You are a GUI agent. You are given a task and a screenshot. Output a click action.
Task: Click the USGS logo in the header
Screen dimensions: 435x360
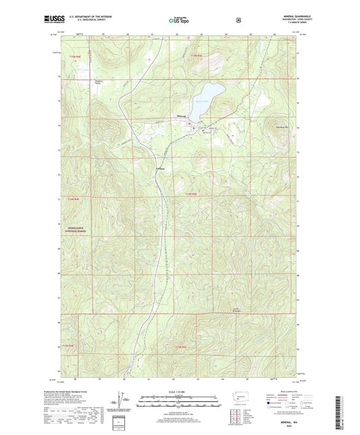tap(55, 20)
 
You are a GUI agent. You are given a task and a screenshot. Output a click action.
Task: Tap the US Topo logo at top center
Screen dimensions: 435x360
tap(179, 20)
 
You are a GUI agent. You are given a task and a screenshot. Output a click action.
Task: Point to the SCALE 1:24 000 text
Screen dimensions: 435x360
tap(179, 391)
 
